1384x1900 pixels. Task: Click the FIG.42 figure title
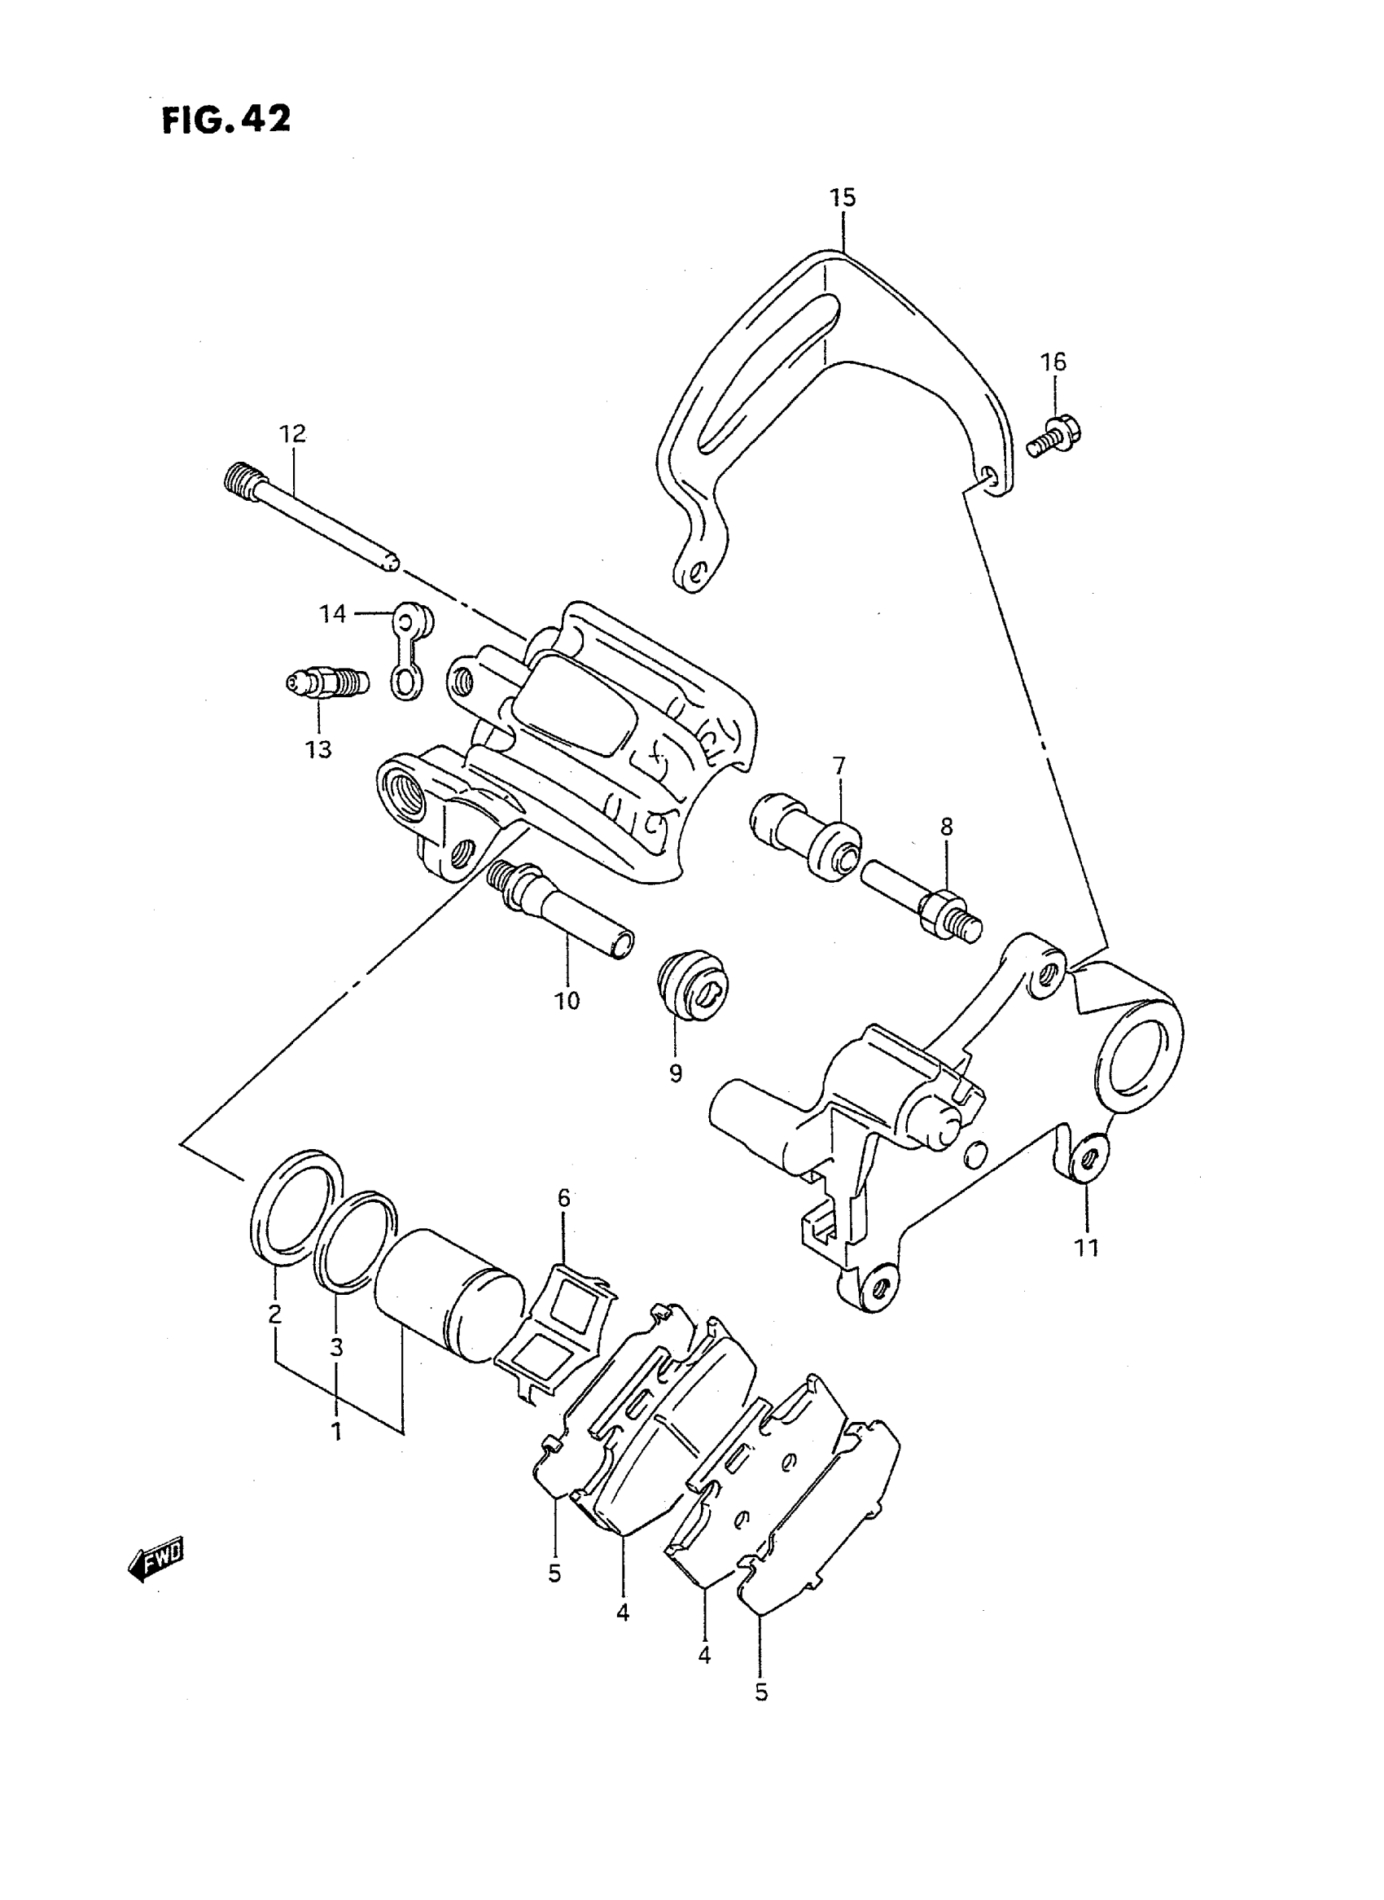226,120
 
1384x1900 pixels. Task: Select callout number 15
843,198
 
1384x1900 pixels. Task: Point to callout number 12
293,433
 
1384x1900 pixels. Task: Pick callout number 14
333,613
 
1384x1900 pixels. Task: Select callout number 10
567,1000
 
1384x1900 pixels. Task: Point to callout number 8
946,827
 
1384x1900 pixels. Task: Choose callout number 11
1087,1271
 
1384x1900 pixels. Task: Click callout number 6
564,1199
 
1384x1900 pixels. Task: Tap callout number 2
274,1314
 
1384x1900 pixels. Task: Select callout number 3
336,1347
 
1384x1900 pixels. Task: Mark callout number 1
336,1431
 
